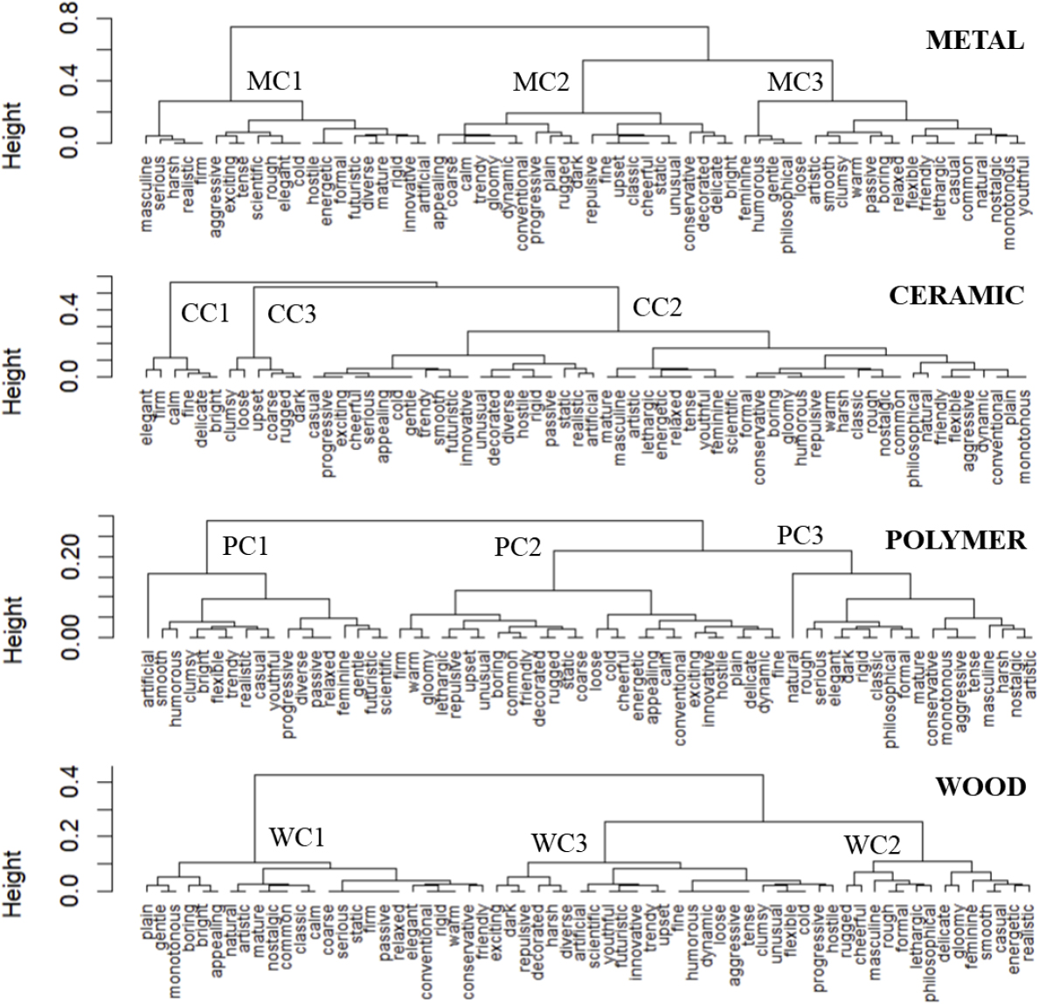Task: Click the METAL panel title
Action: pos(974,40)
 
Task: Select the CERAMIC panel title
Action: pos(956,295)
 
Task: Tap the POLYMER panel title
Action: pos(955,540)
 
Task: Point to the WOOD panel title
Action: pos(980,786)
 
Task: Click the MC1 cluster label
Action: pos(274,81)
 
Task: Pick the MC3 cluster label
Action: pos(794,83)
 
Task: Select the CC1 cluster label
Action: pos(204,313)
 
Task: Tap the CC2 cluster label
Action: pos(656,307)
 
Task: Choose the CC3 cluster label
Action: pos(291,314)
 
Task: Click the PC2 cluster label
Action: pos(517,547)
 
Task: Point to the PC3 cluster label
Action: pos(800,535)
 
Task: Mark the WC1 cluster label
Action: pos(296,837)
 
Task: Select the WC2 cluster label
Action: pos(870,845)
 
